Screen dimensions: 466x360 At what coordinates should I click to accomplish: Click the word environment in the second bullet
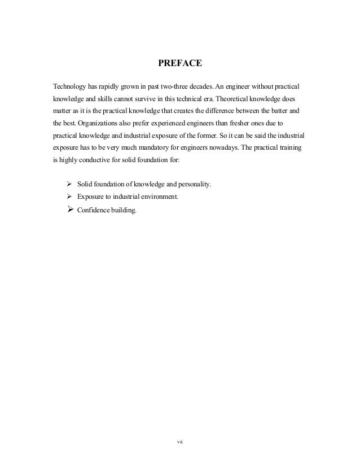coord(157,197)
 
